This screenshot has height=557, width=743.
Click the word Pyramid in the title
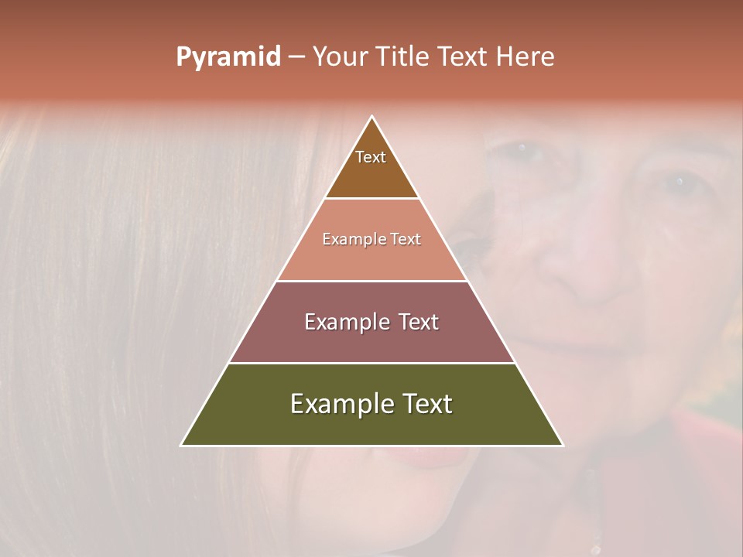point(228,57)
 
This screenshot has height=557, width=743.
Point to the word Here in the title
point(526,57)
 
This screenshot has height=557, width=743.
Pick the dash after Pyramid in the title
point(296,57)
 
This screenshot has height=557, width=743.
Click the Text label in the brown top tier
point(371,157)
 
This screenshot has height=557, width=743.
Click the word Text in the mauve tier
point(419,322)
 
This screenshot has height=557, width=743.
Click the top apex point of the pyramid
point(372,117)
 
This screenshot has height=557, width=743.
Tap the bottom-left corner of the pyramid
point(182,445)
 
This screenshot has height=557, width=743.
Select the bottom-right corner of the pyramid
point(563,445)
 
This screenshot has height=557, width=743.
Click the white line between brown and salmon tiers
point(372,199)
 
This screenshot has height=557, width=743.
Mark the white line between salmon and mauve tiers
point(372,281)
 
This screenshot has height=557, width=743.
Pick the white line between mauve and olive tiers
point(372,363)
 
